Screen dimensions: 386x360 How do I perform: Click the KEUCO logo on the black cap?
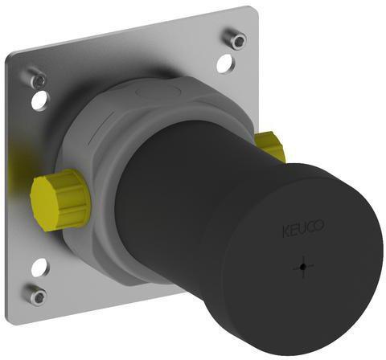[x=303, y=228]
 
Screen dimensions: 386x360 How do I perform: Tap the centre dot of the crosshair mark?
[x=303, y=267]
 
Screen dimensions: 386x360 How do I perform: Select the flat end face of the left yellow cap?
[x=43, y=203]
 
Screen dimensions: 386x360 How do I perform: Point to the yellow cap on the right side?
[x=269, y=146]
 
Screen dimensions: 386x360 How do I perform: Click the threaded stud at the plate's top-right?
[x=236, y=39]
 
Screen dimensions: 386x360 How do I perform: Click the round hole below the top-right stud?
[x=226, y=63]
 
